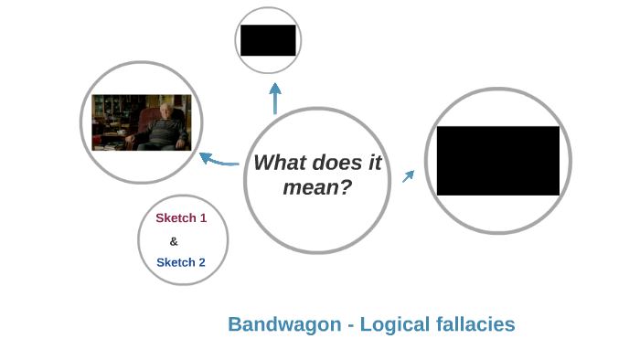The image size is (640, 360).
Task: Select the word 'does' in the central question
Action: (336, 163)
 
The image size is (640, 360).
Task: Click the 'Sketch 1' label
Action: (181, 218)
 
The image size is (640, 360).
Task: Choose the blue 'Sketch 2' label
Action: (181, 262)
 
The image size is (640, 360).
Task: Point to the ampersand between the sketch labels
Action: (174, 241)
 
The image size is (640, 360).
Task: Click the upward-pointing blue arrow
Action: (274, 99)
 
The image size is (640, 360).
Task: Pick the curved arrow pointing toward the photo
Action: (219, 161)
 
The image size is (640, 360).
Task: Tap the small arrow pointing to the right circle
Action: (408, 175)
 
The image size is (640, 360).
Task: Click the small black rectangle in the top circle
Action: (268, 40)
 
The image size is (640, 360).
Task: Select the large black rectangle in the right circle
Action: (497, 161)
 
